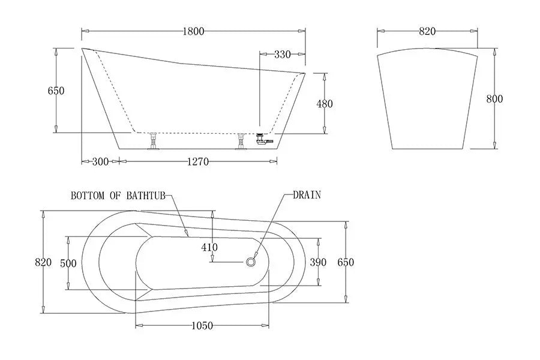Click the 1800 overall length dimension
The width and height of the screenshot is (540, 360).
(x=194, y=31)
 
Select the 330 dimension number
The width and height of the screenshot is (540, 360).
(x=282, y=55)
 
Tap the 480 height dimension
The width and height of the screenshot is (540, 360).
(x=324, y=103)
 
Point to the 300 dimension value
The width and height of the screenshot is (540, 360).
(x=100, y=161)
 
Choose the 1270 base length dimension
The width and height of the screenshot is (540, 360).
(x=197, y=161)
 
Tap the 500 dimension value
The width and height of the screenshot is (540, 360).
(x=69, y=263)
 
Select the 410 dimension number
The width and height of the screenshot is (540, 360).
(x=209, y=246)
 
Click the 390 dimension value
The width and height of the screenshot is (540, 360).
(x=318, y=262)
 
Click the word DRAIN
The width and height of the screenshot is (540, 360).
(x=307, y=195)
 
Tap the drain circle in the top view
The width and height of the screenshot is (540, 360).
(x=251, y=262)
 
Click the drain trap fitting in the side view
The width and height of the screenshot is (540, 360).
(x=261, y=139)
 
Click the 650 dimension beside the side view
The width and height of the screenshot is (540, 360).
(x=56, y=91)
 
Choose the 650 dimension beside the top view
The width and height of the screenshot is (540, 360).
(x=346, y=262)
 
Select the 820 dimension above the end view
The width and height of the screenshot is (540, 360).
(x=427, y=31)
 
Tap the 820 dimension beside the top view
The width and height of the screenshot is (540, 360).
(x=43, y=262)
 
